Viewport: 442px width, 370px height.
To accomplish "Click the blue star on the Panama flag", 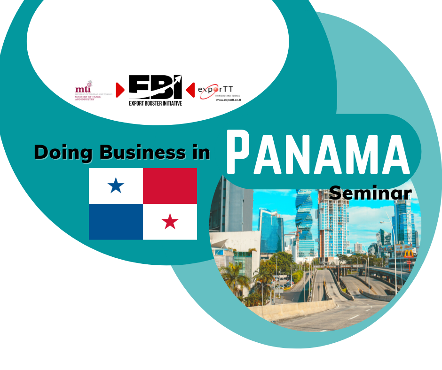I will (116, 186).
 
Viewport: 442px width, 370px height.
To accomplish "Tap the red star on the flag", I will (170, 221).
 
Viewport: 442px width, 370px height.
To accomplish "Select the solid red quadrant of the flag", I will (170, 186).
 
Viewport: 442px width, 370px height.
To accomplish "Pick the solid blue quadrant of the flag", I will (116, 222).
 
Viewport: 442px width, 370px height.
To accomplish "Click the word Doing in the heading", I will (60, 152).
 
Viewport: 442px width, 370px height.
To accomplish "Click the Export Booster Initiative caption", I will (155, 102).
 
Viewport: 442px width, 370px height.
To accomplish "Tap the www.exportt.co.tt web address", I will (228, 100).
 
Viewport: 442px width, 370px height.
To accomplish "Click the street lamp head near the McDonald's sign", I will (382, 222).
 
